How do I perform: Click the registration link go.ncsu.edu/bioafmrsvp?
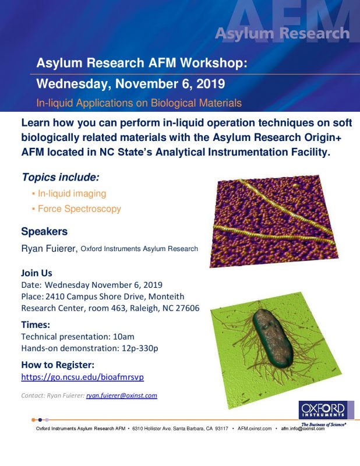[82, 377]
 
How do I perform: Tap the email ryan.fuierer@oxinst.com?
[122, 396]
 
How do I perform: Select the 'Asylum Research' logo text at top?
[283, 33]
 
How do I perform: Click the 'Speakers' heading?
[44, 231]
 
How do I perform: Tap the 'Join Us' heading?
[37, 273]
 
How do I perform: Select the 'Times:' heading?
[36, 325]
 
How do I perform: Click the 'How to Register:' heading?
[58, 365]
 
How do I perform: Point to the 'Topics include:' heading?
[61, 178]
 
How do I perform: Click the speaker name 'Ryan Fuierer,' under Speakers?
[50, 249]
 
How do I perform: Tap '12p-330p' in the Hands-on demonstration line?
[140, 348]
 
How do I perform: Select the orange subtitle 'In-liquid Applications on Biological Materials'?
[139, 103]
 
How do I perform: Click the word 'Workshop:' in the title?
[214, 63]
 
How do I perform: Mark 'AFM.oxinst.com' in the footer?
[255, 429]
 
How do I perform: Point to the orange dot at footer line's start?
[33, 420]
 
